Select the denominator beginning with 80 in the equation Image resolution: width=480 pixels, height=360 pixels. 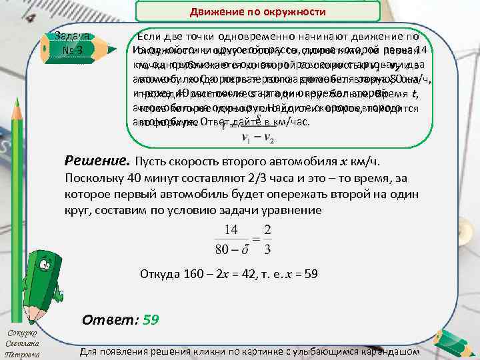228,251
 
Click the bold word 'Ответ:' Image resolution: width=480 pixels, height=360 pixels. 109,319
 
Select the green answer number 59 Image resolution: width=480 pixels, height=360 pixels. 151,319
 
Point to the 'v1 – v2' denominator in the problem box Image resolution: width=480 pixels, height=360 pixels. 255,139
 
